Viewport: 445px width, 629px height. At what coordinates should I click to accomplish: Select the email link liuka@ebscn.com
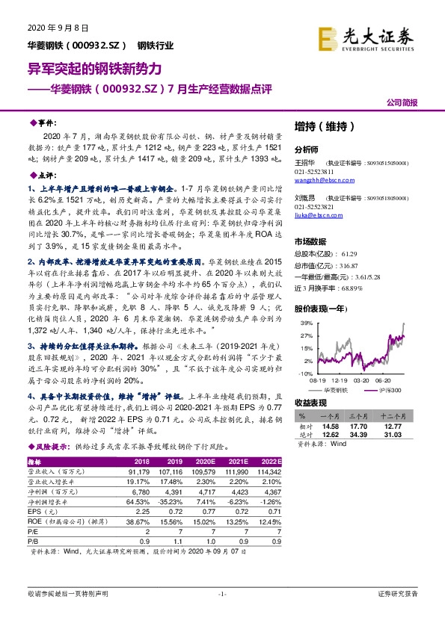tap(315, 214)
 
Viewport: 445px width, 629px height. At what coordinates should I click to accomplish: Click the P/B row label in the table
tap(33, 540)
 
